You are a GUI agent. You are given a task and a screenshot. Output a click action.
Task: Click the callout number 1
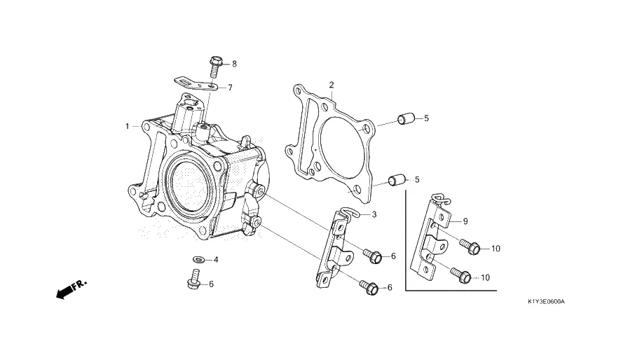[x=127, y=126]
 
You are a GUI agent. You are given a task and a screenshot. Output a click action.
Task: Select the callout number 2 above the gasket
[x=332, y=85]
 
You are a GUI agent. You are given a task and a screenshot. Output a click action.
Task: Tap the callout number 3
[x=374, y=214]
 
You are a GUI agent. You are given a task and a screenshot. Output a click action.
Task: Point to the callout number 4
[x=216, y=260]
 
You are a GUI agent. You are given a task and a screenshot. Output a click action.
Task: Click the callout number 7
[x=230, y=88]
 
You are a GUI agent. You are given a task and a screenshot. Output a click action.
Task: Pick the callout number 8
[x=235, y=64]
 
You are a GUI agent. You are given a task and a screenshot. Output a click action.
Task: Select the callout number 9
[x=465, y=221]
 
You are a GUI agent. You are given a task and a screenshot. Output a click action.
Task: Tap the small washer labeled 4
[x=198, y=260]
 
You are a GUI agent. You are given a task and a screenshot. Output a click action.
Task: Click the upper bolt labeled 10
[x=470, y=246]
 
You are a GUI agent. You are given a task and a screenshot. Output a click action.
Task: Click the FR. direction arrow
[x=71, y=289]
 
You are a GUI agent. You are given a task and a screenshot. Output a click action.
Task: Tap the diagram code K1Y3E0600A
[x=546, y=302]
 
